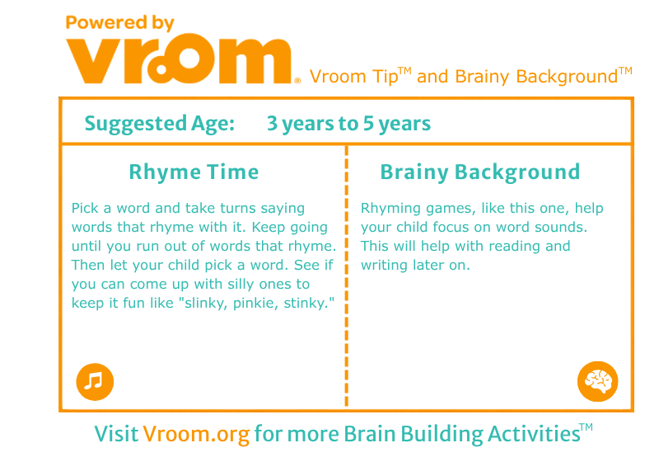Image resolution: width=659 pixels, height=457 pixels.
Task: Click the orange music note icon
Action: click(95, 382)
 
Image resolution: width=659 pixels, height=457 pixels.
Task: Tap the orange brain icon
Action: click(598, 381)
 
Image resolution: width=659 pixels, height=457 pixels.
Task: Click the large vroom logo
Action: click(179, 59)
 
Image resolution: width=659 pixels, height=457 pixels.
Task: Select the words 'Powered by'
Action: click(119, 23)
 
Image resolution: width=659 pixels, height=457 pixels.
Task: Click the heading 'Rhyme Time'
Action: click(194, 172)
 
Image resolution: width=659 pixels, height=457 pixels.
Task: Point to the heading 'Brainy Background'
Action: click(480, 172)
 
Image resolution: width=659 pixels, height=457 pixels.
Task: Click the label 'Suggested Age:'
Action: click(160, 124)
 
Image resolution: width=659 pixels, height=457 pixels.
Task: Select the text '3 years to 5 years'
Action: click(348, 124)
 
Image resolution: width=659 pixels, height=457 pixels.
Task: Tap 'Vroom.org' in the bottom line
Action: click(196, 434)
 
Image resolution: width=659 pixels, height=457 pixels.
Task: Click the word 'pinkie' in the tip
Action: click(255, 303)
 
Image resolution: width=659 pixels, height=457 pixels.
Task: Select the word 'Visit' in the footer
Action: click(116, 434)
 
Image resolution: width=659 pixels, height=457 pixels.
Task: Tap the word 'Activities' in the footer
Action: click(534, 434)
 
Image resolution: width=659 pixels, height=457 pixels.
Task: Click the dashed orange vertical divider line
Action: click(346, 276)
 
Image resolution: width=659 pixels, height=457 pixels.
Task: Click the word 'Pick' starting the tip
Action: click(86, 209)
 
